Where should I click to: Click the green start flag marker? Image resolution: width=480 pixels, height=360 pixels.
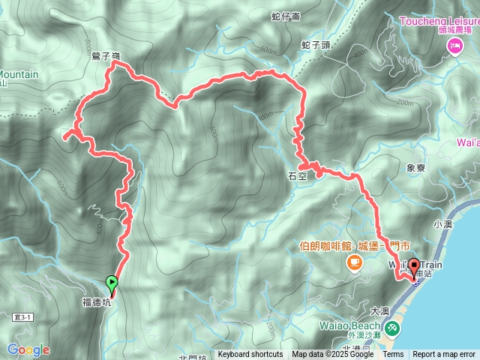coord(112,283)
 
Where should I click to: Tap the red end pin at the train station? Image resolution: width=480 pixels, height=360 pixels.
coord(414,269)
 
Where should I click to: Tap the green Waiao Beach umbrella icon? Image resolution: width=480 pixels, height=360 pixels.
coord(392,328)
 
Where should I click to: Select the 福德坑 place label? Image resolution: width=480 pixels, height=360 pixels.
coord(96,303)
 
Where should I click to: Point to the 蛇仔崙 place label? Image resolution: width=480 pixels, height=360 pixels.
coord(286,15)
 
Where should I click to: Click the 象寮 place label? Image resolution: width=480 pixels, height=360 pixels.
coord(415,169)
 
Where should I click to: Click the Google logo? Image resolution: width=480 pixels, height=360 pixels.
coord(28,349)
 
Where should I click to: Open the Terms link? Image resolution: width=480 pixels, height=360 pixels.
coord(393,355)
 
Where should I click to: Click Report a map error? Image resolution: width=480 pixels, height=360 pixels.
coord(444,355)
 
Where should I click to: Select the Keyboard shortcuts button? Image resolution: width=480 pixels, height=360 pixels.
coord(250,355)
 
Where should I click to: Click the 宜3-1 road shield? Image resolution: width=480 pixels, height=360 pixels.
coord(22,317)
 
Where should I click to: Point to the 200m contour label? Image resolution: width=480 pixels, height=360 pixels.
coord(404,103)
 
